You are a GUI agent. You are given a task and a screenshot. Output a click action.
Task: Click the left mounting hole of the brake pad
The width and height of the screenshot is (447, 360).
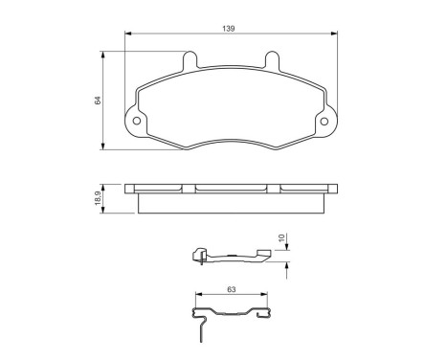[x=137, y=122]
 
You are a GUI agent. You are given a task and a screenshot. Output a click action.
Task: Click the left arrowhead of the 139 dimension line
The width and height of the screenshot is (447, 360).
[x=128, y=37]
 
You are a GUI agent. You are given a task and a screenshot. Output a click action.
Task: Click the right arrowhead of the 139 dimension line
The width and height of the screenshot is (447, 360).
[x=335, y=37]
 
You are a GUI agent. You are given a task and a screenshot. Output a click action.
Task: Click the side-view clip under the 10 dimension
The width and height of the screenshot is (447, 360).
[x=230, y=256]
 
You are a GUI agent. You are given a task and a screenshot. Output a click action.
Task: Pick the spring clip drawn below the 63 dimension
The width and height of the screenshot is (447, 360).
[x=231, y=314]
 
